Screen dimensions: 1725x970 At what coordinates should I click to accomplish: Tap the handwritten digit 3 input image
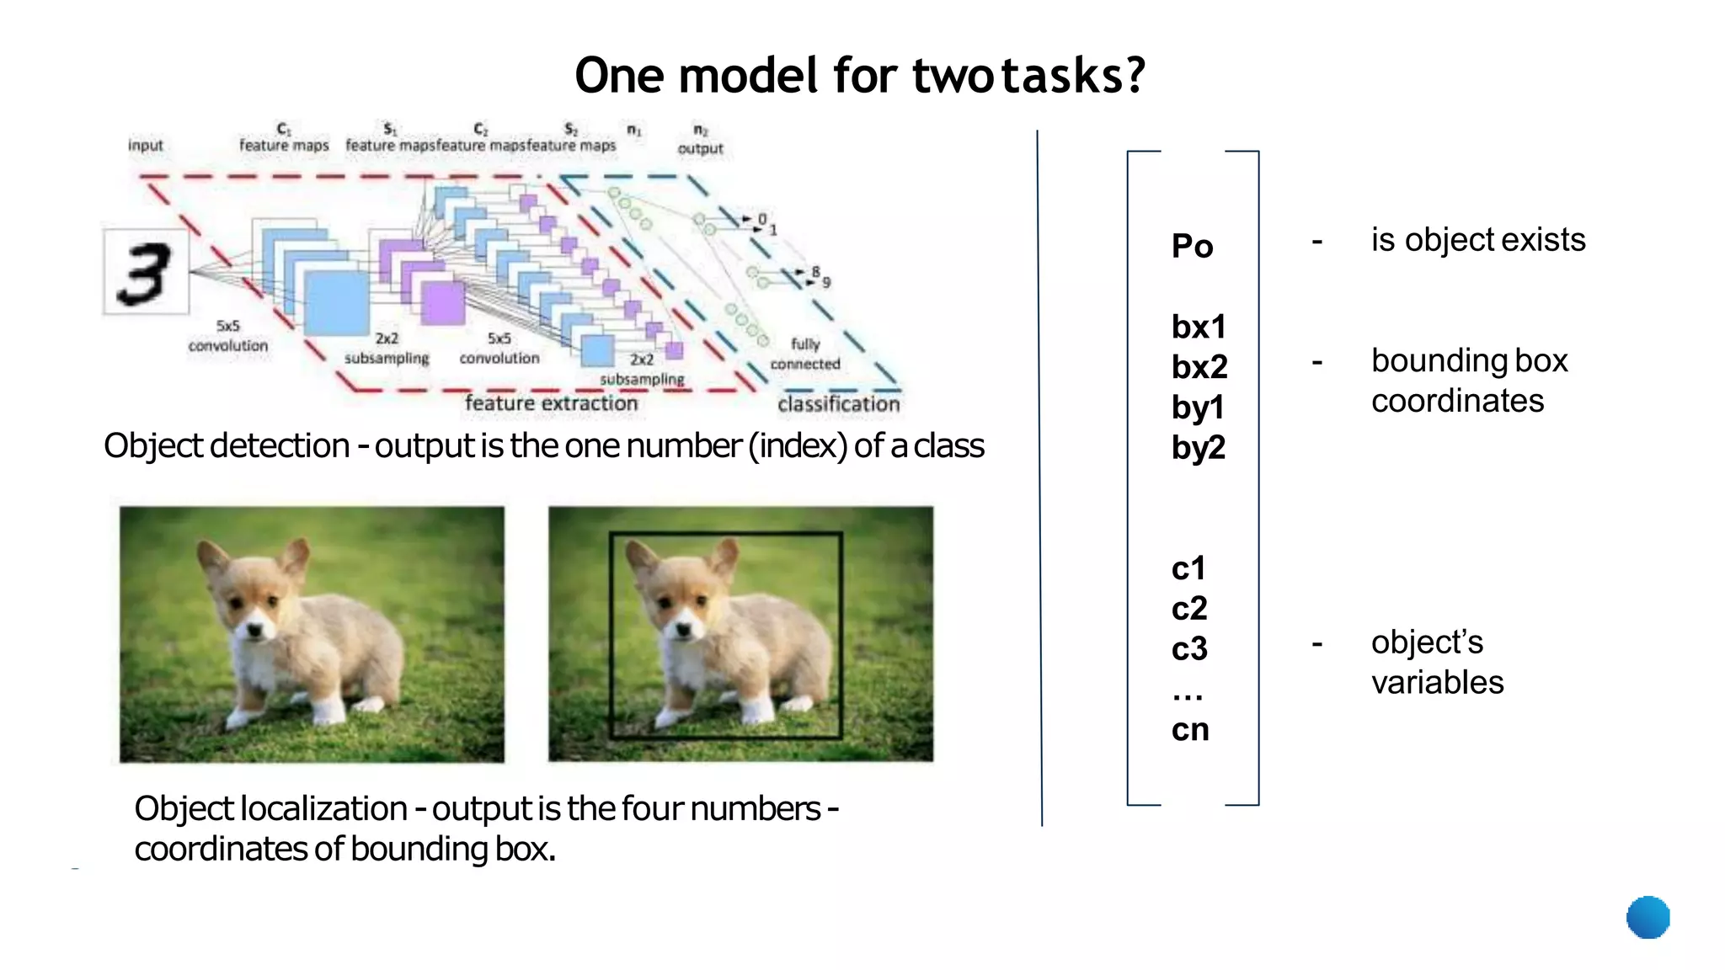coord(146,272)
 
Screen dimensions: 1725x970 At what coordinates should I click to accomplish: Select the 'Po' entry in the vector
coord(1192,246)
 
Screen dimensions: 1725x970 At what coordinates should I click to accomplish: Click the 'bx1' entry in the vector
coord(1198,327)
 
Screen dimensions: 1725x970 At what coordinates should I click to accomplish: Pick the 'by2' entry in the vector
coord(1198,448)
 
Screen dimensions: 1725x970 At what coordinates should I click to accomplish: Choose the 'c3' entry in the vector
coord(1189,648)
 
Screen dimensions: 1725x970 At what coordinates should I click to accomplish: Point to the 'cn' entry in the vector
coord(1189,729)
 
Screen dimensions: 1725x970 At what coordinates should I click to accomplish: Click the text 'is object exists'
coord(1477,240)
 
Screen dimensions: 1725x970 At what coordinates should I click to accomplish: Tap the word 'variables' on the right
coord(1437,682)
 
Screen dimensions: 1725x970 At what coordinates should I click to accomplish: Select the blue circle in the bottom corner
coord(1648,917)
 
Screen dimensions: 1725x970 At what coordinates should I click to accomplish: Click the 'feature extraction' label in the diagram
coord(551,403)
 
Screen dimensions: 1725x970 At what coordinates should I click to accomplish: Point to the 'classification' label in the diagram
coord(838,404)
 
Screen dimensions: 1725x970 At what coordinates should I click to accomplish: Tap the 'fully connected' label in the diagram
coord(805,354)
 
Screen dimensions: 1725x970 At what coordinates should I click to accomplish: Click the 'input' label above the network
coord(146,145)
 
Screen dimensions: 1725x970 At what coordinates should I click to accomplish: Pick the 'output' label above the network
coord(700,148)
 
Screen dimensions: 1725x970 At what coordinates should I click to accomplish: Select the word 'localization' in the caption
coord(323,808)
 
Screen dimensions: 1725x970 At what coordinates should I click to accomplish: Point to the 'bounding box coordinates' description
coord(1469,381)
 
